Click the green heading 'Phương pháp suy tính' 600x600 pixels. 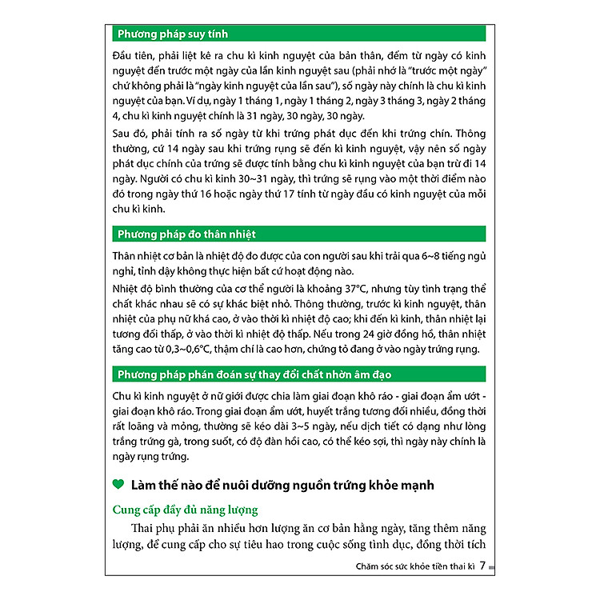(172, 34)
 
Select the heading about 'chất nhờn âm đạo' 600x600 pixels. (254, 375)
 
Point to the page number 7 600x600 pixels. (482, 567)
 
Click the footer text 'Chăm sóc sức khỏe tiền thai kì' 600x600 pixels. (415, 567)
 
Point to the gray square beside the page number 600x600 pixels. (491, 568)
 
